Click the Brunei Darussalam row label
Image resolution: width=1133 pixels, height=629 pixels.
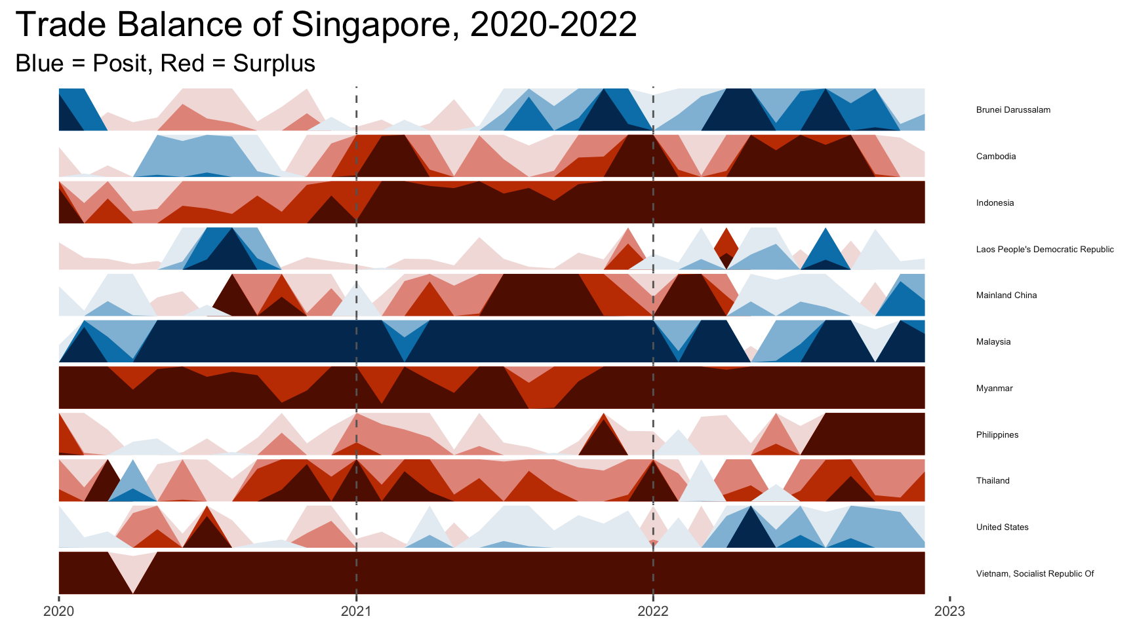coord(1013,110)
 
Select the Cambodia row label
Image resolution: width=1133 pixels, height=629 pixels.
coord(996,157)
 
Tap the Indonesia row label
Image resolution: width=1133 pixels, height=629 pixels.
coord(995,203)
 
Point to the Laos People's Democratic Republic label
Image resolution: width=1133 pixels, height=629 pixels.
coord(1044,250)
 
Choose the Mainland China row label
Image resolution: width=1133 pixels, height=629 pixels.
coord(1006,295)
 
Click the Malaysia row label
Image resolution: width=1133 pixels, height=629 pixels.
coord(993,342)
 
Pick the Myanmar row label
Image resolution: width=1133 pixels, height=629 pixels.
coord(994,389)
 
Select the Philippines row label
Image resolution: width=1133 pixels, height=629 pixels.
coord(997,435)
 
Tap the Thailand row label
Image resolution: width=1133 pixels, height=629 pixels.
coord(993,481)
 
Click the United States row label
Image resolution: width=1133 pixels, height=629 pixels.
coord(1002,527)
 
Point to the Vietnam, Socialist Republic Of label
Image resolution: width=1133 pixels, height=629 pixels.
coord(1035,574)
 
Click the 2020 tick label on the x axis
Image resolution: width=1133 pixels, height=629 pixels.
coord(59,611)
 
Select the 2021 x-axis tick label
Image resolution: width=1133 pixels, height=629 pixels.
coord(356,611)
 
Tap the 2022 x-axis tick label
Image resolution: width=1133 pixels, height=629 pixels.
coord(653,611)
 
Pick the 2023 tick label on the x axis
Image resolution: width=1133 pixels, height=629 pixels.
coord(949,611)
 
